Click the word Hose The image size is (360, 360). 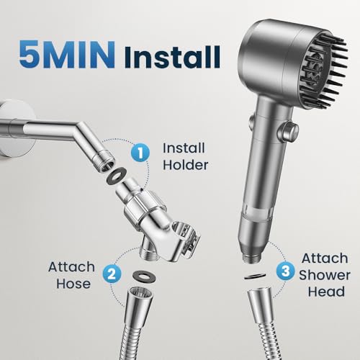(70, 284)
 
